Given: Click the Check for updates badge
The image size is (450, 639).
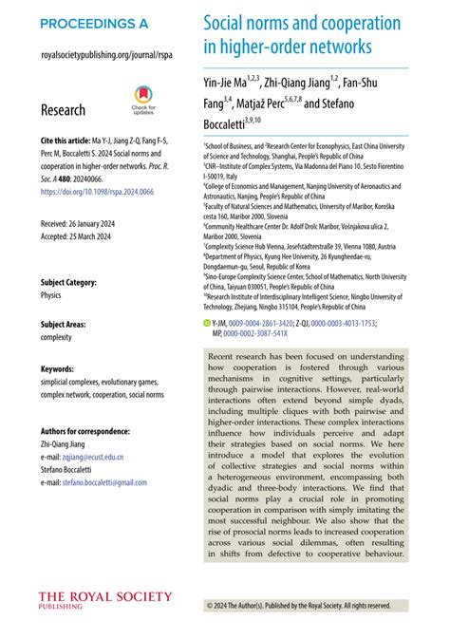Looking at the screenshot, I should (142, 101).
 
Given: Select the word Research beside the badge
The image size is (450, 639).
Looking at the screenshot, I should (63, 110).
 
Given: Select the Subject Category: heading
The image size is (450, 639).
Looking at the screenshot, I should (76, 282).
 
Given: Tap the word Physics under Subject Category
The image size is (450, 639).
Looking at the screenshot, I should (51, 295).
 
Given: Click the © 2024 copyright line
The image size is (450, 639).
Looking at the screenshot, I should (298, 604).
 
